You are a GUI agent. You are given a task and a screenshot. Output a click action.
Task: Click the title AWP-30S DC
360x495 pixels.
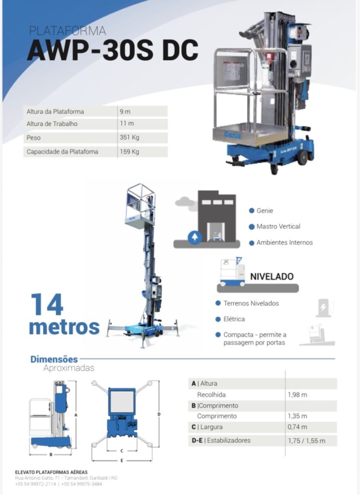click(113, 50)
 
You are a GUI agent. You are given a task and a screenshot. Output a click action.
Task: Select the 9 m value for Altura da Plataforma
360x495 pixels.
click(125, 112)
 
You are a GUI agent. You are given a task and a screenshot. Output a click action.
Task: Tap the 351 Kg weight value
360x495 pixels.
click(130, 137)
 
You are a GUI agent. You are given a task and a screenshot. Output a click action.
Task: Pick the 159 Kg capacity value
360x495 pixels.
click(130, 151)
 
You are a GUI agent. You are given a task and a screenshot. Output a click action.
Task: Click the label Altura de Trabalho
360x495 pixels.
click(52, 124)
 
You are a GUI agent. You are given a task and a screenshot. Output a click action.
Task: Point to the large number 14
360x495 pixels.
click(47, 305)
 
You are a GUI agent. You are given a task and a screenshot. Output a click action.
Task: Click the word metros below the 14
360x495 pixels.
click(64, 327)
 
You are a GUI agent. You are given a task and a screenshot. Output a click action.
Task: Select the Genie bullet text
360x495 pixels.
click(265, 211)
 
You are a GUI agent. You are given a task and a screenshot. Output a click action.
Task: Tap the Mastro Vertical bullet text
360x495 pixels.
click(278, 226)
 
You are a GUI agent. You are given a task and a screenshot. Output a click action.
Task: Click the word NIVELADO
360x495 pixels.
click(272, 277)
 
